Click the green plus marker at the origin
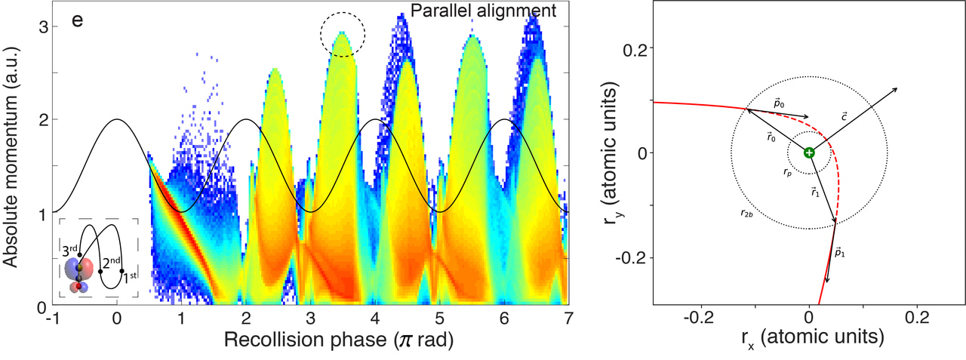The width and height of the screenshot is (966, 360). (809, 152)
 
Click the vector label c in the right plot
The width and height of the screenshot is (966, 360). (844, 115)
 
